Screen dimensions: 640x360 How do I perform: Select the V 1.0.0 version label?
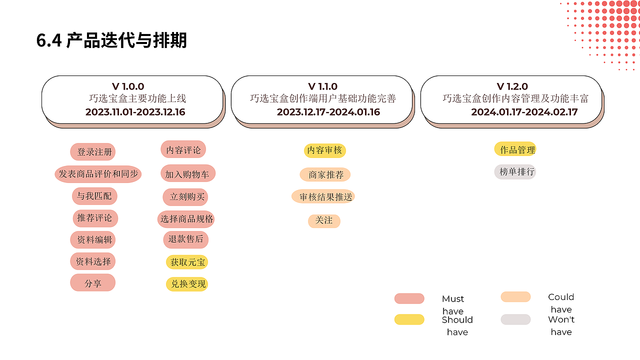[x=127, y=86]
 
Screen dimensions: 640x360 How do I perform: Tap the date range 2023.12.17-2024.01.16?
[x=328, y=112]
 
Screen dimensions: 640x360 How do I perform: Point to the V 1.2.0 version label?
[x=512, y=86]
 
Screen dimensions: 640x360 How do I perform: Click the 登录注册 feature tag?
[x=93, y=151]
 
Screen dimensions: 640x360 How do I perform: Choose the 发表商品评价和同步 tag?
[x=98, y=174]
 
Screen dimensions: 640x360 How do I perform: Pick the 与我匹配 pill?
[x=94, y=196]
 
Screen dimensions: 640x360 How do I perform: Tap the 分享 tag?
[x=93, y=283]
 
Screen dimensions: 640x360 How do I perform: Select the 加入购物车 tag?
[x=188, y=173]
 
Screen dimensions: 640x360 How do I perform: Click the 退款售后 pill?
[x=185, y=239]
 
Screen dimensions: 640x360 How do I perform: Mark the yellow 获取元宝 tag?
[x=187, y=262]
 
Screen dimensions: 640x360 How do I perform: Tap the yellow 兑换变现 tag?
[x=187, y=284]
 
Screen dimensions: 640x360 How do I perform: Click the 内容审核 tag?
[x=325, y=150]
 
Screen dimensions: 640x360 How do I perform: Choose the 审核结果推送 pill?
[x=323, y=196]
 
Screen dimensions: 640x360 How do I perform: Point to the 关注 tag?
[x=324, y=221]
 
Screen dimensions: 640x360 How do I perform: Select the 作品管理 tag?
[x=515, y=149]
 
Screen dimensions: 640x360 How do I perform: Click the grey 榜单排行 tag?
[x=515, y=172]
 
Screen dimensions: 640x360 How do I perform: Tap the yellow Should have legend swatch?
[x=409, y=319]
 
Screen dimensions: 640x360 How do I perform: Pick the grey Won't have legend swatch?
[x=515, y=319]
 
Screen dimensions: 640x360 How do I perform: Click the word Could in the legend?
[x=561, y=297]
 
